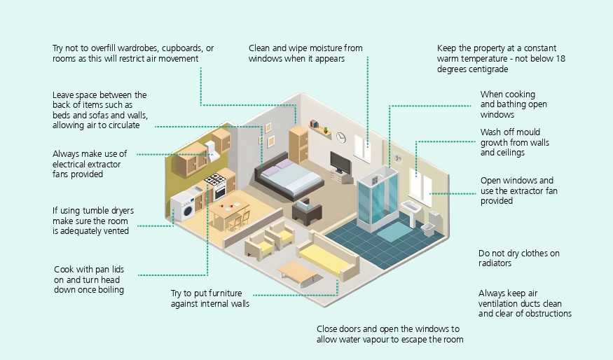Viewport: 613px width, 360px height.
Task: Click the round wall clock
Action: (341, 137)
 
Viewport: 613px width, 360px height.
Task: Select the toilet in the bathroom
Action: (432, 224)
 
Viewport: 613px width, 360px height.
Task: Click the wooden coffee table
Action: (298, 273)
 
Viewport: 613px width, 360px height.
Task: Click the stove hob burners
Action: (215, 180)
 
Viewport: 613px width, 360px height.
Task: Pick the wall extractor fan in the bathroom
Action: (398, 158)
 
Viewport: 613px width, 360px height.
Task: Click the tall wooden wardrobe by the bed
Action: (298, 144)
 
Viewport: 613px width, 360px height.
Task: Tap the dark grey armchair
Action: (307, 211)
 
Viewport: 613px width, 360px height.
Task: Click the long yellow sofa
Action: (328, 256)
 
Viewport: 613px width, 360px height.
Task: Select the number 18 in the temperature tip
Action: (560, 59)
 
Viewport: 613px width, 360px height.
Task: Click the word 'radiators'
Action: (495, 263)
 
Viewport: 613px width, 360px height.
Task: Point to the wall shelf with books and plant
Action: (320, 129)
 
